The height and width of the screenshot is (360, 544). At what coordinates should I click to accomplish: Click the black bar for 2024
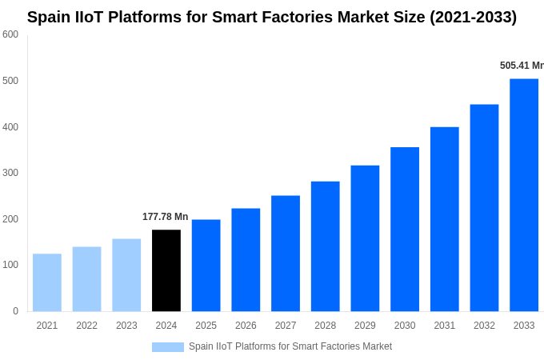[x=166, y=270]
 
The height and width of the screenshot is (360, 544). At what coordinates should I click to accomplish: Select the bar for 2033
[x=524, y=195]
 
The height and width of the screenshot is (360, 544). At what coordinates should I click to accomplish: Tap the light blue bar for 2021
[x=47, y=282]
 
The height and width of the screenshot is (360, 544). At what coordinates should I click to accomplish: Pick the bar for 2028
[x=326, y=246]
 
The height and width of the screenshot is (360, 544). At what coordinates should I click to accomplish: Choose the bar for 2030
[x=405, y=229]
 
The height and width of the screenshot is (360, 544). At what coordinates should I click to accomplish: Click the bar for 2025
[x=206, y=266]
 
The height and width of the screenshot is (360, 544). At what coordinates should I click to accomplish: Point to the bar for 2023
[x=126, y=275]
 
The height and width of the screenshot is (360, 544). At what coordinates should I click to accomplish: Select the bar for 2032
[x=484, y=208]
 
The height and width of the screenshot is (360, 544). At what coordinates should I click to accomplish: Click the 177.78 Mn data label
[x=166, y=217]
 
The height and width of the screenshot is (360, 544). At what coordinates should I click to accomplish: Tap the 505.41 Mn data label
[x=522, y=66]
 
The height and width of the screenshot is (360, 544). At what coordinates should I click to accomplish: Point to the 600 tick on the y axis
[x=10, y=34]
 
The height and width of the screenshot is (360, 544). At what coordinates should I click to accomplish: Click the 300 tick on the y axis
[x=10, y=173]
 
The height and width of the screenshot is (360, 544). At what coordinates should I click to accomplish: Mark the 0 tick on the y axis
[x=15, y=311]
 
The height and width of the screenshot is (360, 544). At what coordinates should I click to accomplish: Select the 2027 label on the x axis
[x=286, y=326]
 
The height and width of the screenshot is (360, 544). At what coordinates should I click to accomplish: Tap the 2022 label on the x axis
[x=86, y=326]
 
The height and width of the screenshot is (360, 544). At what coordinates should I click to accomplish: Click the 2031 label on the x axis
[x=445, y=326]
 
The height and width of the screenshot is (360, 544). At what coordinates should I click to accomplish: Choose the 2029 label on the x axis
[x=365, y=326]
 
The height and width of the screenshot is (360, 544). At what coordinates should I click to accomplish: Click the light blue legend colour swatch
[x=168, y=347]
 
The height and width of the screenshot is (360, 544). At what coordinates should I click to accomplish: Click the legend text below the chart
[x=290, y=347]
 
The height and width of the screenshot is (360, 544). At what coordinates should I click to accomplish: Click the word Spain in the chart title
[x=50, y=17]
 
